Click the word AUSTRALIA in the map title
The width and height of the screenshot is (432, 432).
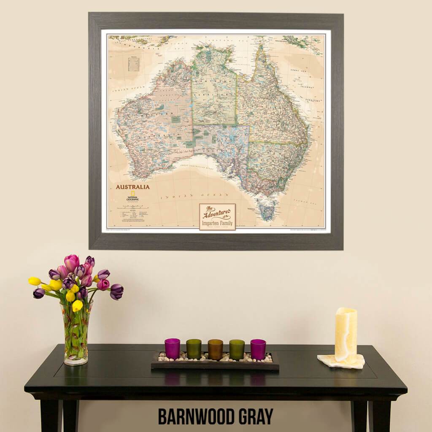[x=132, y=186]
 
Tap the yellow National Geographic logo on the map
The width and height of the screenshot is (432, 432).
[x=133, y=193]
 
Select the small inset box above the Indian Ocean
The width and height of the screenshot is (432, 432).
[x=134, y=64]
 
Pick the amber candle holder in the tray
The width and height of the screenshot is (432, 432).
[x=215, y=349]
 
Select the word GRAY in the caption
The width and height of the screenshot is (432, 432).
[x=257, y=416]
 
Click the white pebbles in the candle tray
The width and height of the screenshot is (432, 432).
[x=215, y=359]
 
